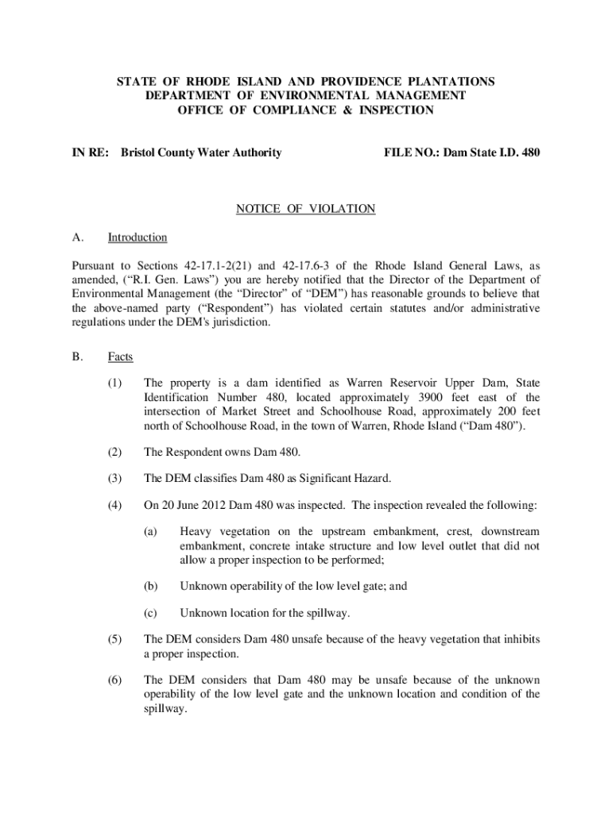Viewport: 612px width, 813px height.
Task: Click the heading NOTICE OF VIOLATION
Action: [x=305, y=209]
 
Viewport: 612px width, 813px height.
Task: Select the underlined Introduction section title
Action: [x=138, y=237]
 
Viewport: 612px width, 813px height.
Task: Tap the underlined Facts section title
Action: [x=121, y=356]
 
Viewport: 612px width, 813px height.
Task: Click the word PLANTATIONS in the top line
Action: [x=450, y=82]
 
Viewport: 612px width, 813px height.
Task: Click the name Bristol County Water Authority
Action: [x=200, y=152]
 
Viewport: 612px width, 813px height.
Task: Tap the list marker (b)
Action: [x=150, y=586]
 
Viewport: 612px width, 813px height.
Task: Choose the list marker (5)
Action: [x=115, y=638]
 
